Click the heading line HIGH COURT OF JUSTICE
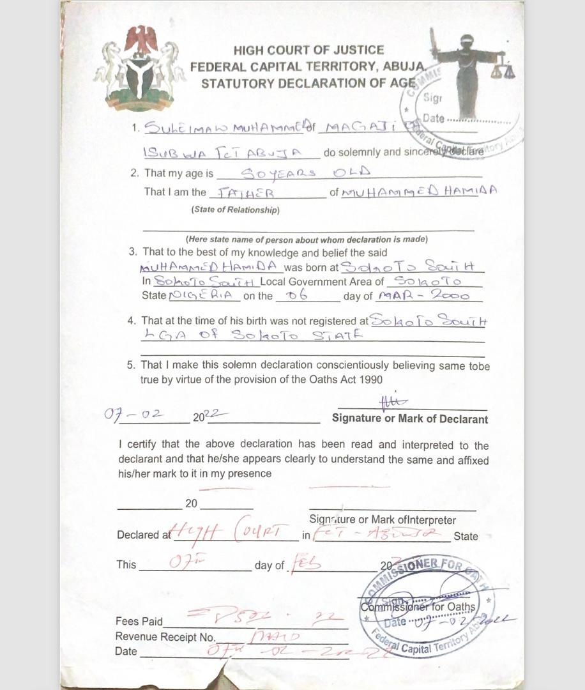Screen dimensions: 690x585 pos(308,50)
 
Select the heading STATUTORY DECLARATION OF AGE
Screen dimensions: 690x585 pos(308,83)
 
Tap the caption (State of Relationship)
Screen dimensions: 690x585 pos(235,210)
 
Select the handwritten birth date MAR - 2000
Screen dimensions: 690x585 pos(423,296)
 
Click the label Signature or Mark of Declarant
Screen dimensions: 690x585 pos(409,420)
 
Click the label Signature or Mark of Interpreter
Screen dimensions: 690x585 pos(383,520)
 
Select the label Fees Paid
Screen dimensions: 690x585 pos(139,621)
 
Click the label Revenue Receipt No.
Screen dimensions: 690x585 pos(165,636)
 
